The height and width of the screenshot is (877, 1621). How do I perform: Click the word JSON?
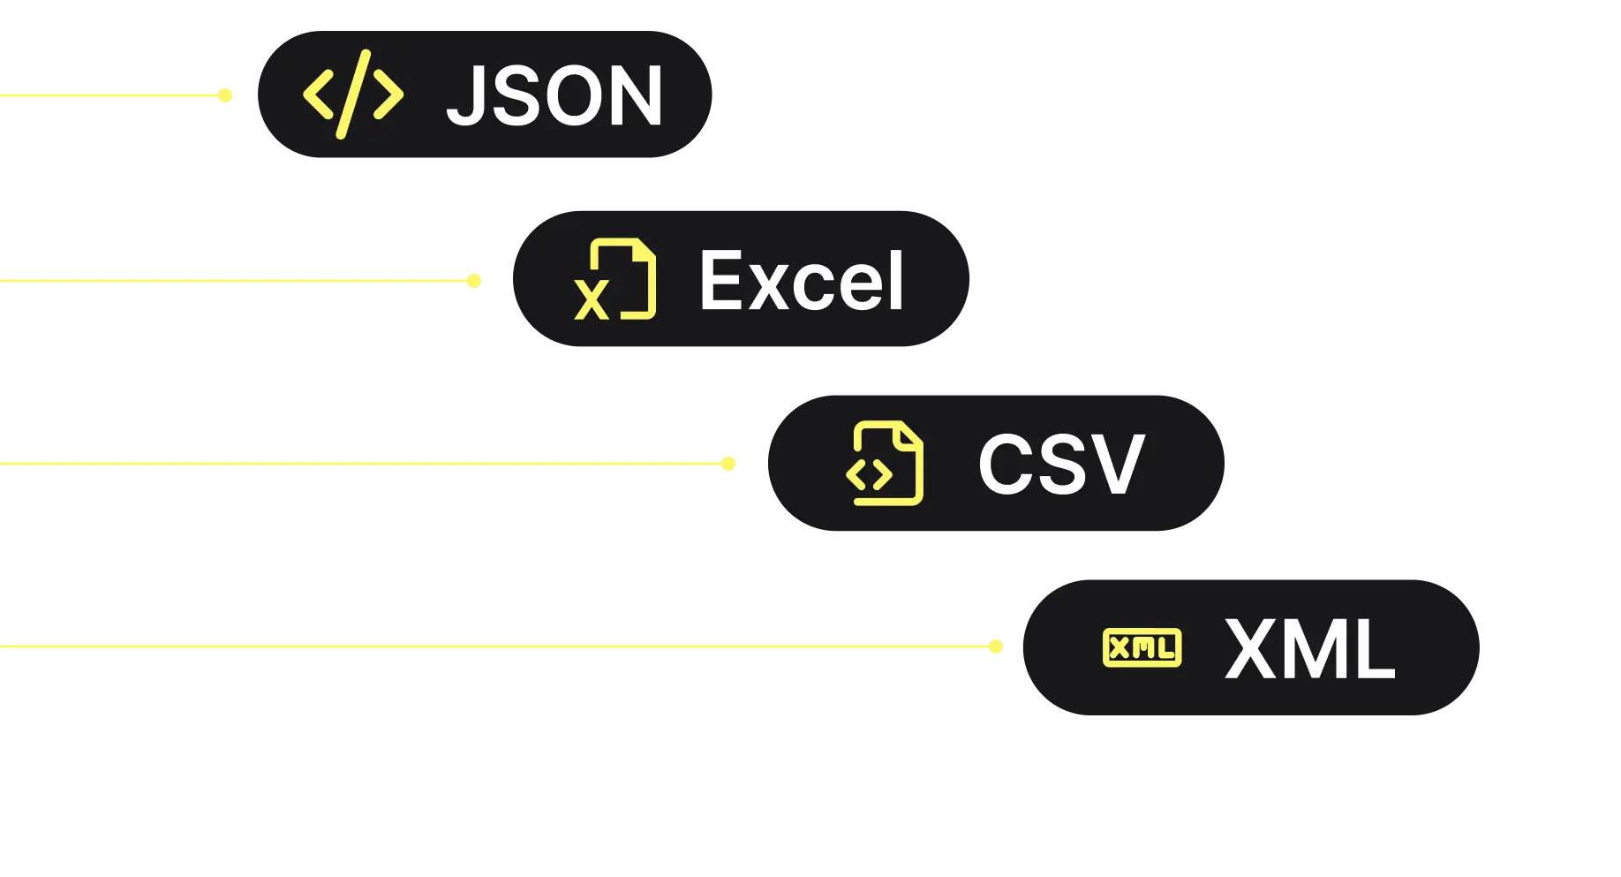554,95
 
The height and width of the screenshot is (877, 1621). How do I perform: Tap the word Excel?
802,281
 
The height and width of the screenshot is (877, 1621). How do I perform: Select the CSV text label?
1061,465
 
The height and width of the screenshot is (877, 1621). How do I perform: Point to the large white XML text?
1310,649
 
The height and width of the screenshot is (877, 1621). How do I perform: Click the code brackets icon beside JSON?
353,95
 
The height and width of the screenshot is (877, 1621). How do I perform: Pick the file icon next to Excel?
615,279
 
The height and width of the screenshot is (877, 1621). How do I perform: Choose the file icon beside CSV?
885,464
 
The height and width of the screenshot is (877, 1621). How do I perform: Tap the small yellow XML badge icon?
1142,648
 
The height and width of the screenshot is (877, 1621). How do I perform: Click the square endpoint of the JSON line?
226,95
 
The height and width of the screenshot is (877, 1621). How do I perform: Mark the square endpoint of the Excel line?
476,280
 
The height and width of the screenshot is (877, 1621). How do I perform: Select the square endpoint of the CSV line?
729,463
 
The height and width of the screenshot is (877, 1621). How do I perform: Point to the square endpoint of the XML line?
996,646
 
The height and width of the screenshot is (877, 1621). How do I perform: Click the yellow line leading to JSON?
106,95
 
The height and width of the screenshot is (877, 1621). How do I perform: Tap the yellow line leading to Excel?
230,279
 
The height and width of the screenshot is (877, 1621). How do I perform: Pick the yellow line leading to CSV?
353,463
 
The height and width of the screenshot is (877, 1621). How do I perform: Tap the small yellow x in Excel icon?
592,300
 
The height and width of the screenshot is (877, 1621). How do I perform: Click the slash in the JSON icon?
353,95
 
